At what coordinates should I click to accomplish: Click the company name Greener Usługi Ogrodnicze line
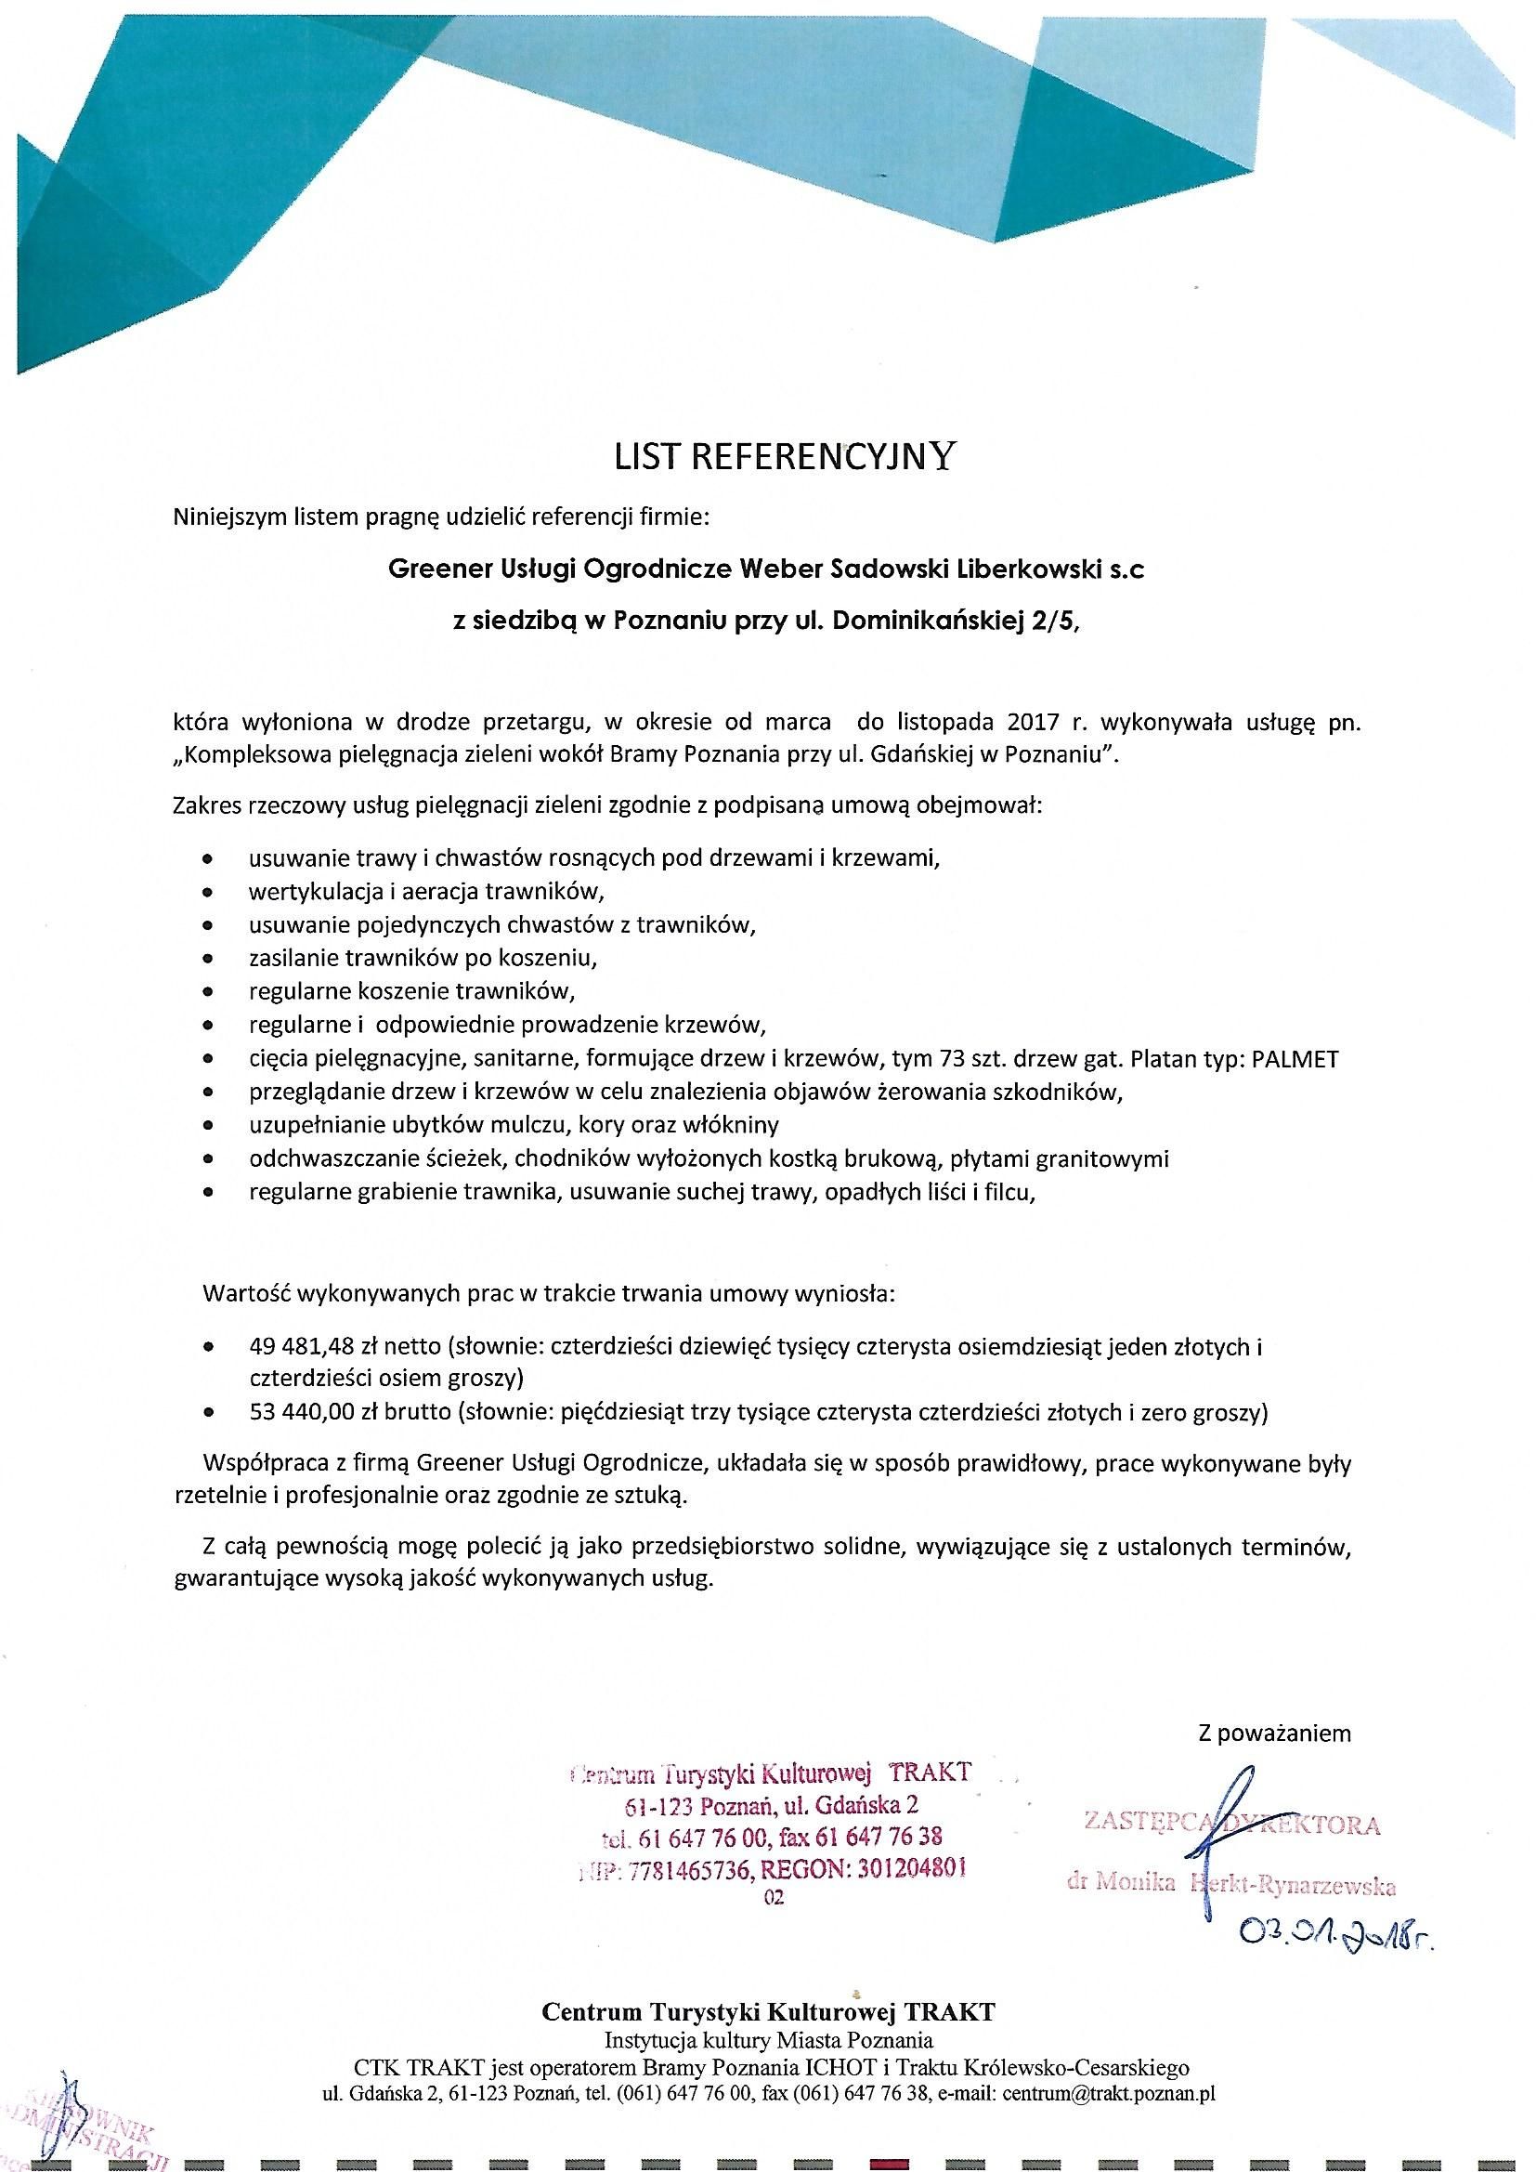(x=767, y=569)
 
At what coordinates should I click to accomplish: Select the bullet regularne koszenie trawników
(x=411, y=990)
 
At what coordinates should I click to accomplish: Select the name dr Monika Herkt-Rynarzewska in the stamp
(x=1230, y=1882)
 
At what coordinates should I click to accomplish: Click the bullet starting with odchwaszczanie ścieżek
(x=709, y=1158)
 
